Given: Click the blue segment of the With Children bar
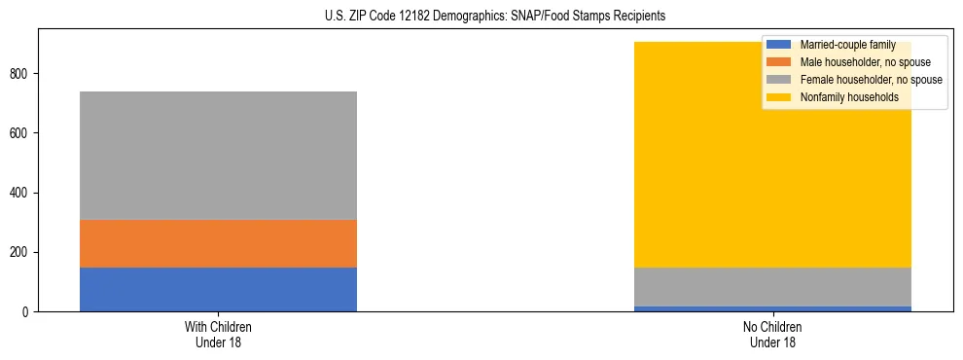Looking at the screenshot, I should (x=218, y=289).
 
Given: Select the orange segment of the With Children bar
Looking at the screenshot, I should (x=218, y=243).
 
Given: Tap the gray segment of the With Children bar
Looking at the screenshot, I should (x=218, y=156).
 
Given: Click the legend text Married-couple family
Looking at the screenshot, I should (x=847, y=45).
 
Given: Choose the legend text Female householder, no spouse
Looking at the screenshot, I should (x=871, y=80).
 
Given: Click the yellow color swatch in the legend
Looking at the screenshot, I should (x=779, y=97).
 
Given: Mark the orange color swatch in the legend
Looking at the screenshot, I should (x=779, y=62).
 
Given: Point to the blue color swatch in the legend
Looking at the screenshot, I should (x=779, y=45).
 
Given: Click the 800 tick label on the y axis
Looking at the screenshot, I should (x=21, y=74).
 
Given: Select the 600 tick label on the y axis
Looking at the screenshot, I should (x=21, y=133).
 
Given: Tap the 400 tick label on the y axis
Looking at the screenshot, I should (x=21, y=193).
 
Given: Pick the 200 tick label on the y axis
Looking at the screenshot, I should (x=21, y=253).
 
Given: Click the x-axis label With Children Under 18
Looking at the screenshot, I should (x=218, y=334).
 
